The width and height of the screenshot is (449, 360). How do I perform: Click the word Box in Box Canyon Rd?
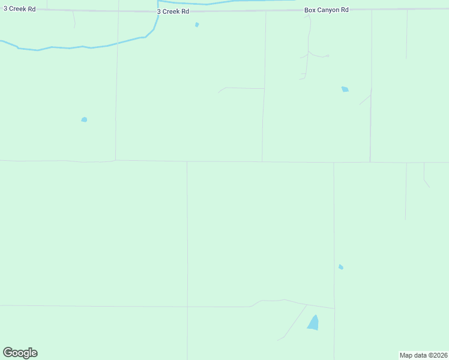pos(310,10)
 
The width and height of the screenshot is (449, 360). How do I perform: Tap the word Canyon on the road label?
pos(328,10)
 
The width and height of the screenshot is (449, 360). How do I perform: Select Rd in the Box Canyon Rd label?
pos(345,10)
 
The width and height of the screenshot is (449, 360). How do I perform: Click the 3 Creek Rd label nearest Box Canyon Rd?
pos(173,11)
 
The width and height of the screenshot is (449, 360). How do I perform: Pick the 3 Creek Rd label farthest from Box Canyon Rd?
pos(19,8)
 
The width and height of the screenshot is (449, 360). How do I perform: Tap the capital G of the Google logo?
pos(8,353)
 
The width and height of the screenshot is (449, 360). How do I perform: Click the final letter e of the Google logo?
pos(34,353)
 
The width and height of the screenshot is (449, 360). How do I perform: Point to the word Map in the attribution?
pos(406,355)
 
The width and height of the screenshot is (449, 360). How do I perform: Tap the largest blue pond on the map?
pos(313,323)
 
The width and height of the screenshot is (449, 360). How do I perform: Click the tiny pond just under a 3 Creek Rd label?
pos(197,25)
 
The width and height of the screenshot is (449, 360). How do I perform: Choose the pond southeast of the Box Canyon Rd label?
pos(345,89)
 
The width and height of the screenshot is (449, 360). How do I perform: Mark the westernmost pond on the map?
pos(84,119)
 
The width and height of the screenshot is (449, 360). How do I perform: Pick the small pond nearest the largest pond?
pos(341,267)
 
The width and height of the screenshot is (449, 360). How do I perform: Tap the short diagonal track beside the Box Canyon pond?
pos(365,99)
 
